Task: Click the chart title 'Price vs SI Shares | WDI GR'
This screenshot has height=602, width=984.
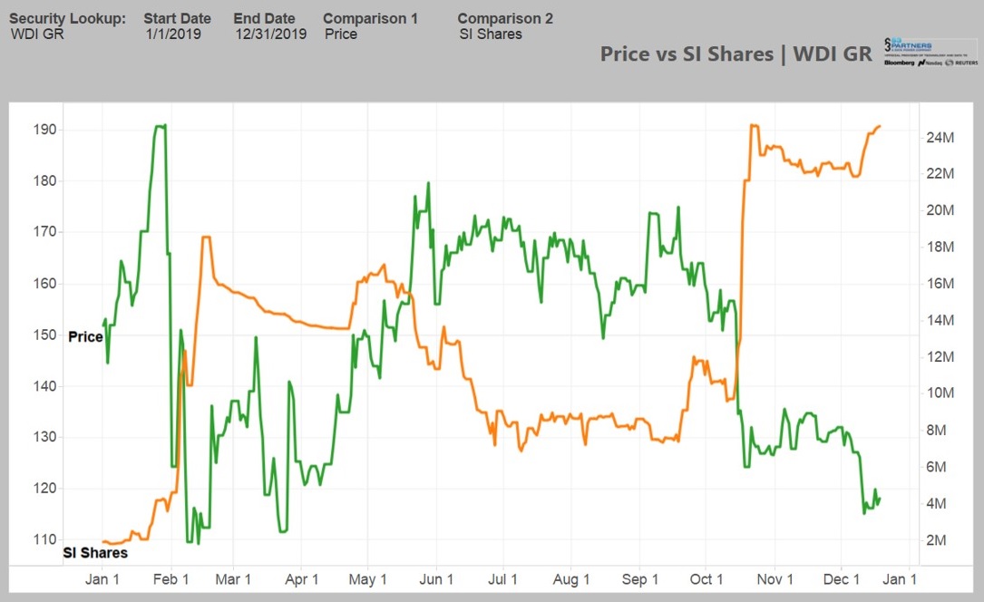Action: (x=736, y=53)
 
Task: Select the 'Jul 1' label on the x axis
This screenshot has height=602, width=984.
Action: (x=502, y=579)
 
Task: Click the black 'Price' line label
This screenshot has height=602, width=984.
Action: (x=86, y=336)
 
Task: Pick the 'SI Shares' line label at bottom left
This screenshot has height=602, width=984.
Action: (x=95, y=552)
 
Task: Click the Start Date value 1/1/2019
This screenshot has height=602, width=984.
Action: (x=173, y=34)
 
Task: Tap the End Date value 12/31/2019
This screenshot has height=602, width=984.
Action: (x=269, y=34)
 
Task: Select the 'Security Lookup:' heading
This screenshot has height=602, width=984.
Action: (x=68, y=18)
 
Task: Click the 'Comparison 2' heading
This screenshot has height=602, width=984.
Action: (x=505, y=18)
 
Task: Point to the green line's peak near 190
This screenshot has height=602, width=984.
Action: (x=161, y=126)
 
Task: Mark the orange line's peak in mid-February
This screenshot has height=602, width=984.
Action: (x=206, y=238)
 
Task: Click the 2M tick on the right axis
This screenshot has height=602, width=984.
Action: (x=937, y=540)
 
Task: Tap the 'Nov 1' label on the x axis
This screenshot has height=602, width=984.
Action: (x=775, y=579)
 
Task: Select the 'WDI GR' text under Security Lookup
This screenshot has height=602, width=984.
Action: (x=36, y=34)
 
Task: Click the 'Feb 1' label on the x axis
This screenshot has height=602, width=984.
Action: (x=170, y=579)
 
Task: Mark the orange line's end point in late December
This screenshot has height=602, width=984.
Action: (x=880, y=126)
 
